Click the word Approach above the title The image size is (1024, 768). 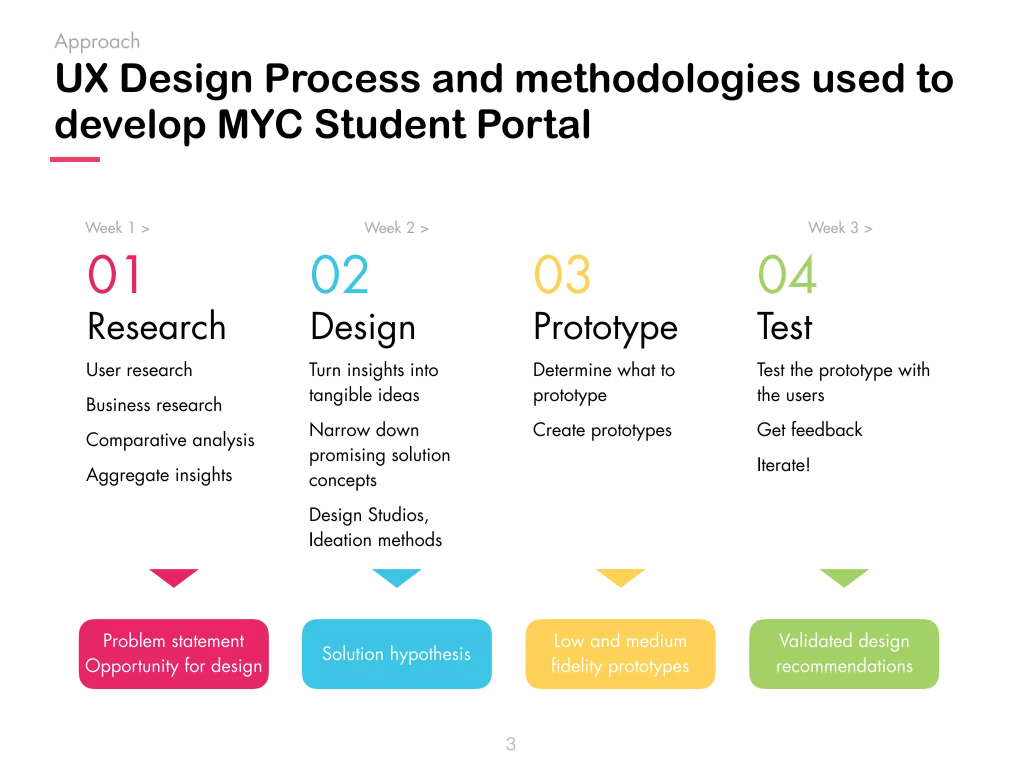[97, 41]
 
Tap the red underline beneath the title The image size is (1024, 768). [75, 159]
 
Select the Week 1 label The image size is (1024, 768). [117, 228]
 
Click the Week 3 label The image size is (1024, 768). [840, 228]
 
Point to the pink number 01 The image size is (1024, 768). [114, 274]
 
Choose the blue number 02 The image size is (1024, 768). [339, 274]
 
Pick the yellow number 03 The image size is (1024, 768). [562, 274]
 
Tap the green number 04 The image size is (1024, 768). [787, 274]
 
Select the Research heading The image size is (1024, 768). [156, 326]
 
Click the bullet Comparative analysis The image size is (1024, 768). [170, 440]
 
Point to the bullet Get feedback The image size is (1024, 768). [809, 430]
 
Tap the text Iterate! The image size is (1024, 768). [783, 465]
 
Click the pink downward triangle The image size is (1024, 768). [173, 576]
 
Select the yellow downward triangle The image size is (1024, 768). [620, 576]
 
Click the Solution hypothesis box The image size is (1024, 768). [396, 653]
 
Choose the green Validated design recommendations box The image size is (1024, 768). [844, 653]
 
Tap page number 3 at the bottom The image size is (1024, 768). [510, 744]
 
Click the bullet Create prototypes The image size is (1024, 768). [602, 430]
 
